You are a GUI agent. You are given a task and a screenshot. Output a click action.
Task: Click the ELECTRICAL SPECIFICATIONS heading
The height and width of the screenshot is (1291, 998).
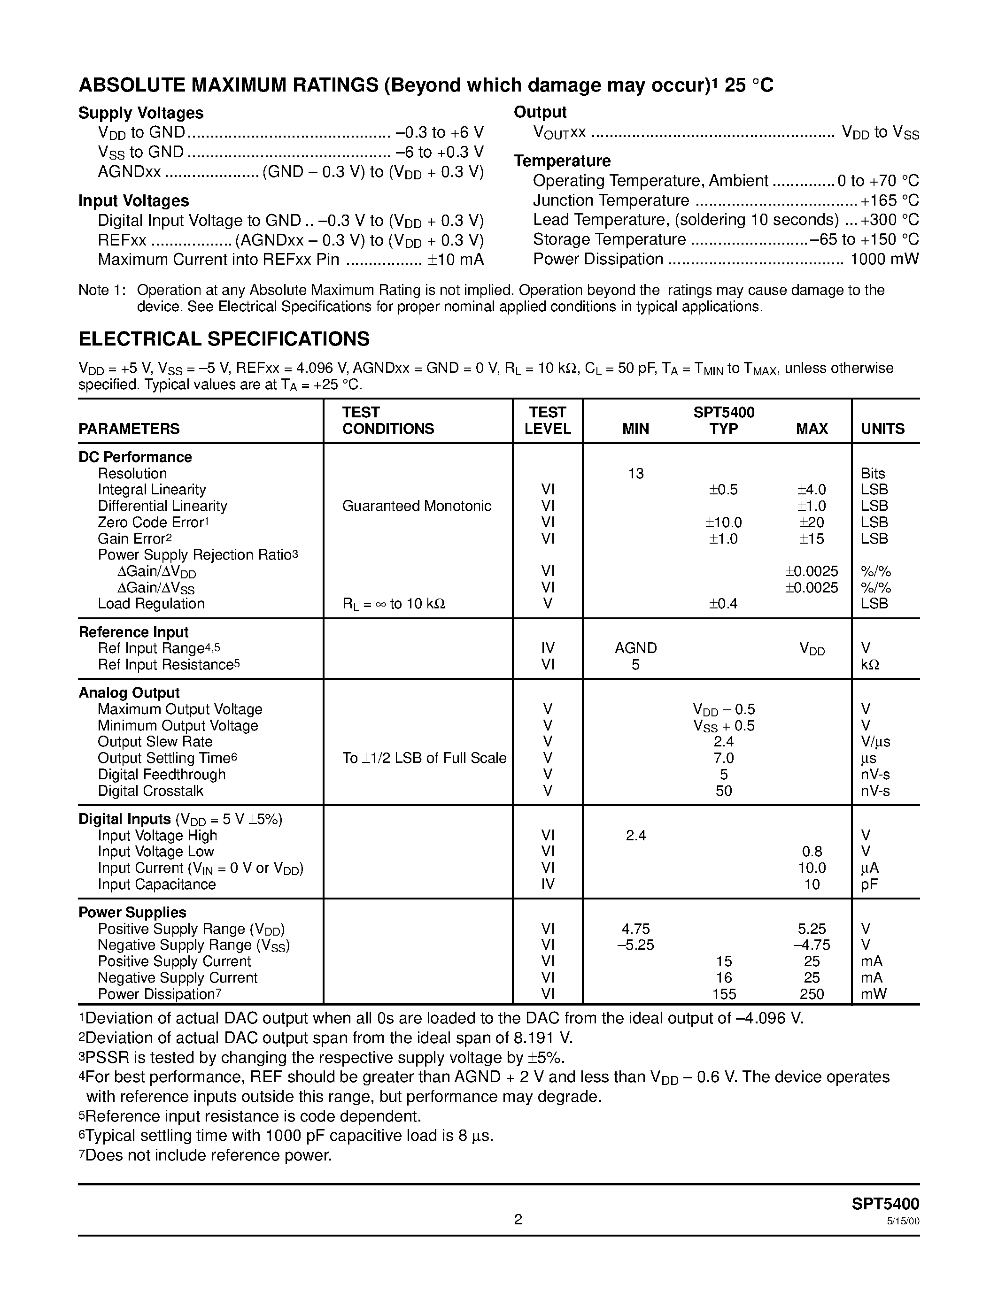pos(224,339)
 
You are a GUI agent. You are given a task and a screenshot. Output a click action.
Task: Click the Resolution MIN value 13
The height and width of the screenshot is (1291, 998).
pos(635,474)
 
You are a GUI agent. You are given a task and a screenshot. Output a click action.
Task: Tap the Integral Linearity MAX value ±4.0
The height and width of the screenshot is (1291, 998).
pos(811,490)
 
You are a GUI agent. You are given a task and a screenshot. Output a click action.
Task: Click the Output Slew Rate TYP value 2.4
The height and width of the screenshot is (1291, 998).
pos(724,742)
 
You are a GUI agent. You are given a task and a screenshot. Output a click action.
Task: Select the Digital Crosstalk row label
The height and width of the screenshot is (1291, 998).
pos(150,791)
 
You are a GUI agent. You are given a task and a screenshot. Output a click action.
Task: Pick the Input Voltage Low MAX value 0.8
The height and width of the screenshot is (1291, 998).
pos(812,852)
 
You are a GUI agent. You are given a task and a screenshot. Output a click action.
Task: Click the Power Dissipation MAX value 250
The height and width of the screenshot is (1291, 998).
pos(811,994)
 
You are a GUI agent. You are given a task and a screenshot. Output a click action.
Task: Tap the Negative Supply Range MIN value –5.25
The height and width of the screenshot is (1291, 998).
pos(635,945)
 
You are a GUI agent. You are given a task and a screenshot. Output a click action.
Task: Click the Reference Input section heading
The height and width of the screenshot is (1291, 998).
pos(134,632)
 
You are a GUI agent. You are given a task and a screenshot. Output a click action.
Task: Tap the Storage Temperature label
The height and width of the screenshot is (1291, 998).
pos(609,239)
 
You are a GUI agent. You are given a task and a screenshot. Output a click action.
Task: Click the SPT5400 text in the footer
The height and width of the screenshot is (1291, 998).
pos(885,1204)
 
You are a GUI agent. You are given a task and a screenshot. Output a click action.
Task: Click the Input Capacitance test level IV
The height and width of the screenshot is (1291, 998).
pos(548,884)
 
